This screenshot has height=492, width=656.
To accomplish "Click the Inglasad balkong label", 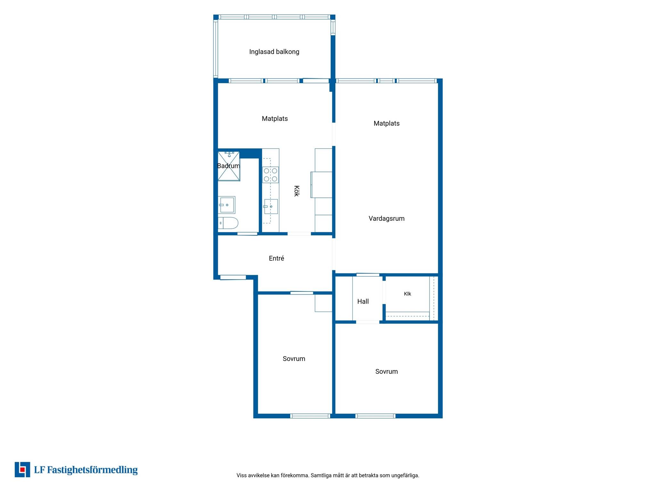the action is (274, 52).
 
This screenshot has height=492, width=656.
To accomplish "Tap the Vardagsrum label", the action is (386, 218).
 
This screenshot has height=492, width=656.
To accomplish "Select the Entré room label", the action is (276, 258).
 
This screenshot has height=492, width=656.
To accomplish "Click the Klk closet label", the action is (407, 294).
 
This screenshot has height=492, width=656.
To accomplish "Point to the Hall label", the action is (363, 301).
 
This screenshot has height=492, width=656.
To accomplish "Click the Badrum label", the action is (228, 166).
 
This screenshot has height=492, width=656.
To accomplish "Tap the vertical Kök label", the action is (297, 191).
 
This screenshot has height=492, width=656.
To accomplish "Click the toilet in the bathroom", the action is (228, 223).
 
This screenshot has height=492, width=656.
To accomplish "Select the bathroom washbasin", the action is (227, 205).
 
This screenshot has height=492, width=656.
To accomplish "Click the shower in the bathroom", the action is (229, 166).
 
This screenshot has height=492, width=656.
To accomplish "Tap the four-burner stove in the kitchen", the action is (270, 175).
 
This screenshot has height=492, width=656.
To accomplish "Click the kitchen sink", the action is (271, 207).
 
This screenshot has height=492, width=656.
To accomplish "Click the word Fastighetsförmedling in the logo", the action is (92, 470).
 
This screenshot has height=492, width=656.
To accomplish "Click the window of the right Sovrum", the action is (375, 416).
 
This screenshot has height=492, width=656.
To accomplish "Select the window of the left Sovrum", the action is (310, 416).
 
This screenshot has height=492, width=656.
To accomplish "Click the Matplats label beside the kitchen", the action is (275, 119).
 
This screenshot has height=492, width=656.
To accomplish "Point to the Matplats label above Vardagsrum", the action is (387, 124).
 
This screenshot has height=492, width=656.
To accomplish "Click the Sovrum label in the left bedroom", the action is (294, 359).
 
